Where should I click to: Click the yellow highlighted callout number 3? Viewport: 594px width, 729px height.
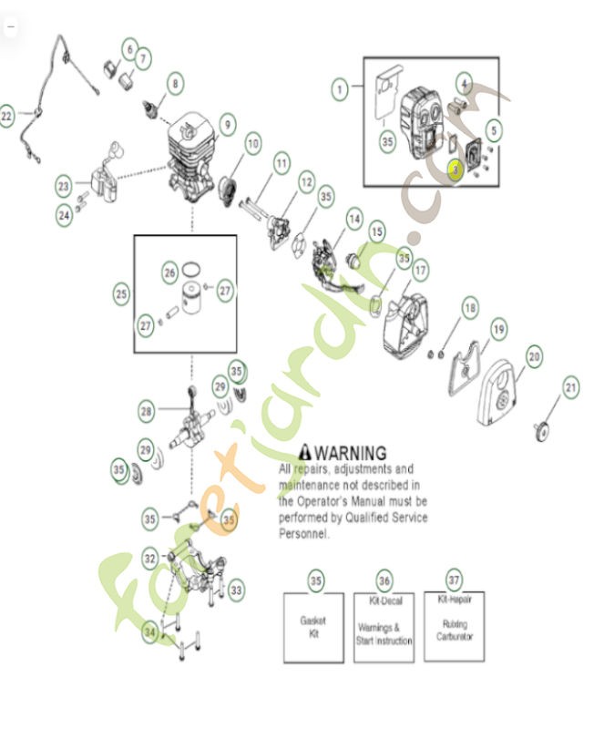pos(456,169)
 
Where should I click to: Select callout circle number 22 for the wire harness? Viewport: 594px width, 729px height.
pos(8,117)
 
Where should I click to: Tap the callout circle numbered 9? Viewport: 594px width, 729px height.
pos(226,121)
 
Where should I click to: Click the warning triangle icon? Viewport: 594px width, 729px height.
pos(305,452)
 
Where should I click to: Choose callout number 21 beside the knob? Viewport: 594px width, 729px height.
pos(570,388)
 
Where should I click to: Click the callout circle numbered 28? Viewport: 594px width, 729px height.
pos(147,412)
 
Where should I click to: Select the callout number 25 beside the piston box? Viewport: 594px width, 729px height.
pos(121,294)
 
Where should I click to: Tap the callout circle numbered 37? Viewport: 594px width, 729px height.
pos(453,580)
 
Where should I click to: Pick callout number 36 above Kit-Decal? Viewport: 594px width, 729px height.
pos(384,580)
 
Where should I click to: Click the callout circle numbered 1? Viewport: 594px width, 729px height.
pos(340,89)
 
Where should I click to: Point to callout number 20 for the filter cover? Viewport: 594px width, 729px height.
pos(534,355)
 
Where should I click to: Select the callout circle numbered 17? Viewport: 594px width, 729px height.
pos(420,271)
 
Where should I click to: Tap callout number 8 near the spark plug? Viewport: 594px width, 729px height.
pos(174,84)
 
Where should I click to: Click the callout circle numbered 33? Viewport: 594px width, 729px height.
pos(236,590)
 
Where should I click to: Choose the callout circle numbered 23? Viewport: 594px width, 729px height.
pos(63,187)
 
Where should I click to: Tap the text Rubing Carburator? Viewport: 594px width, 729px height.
pos(454,630)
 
